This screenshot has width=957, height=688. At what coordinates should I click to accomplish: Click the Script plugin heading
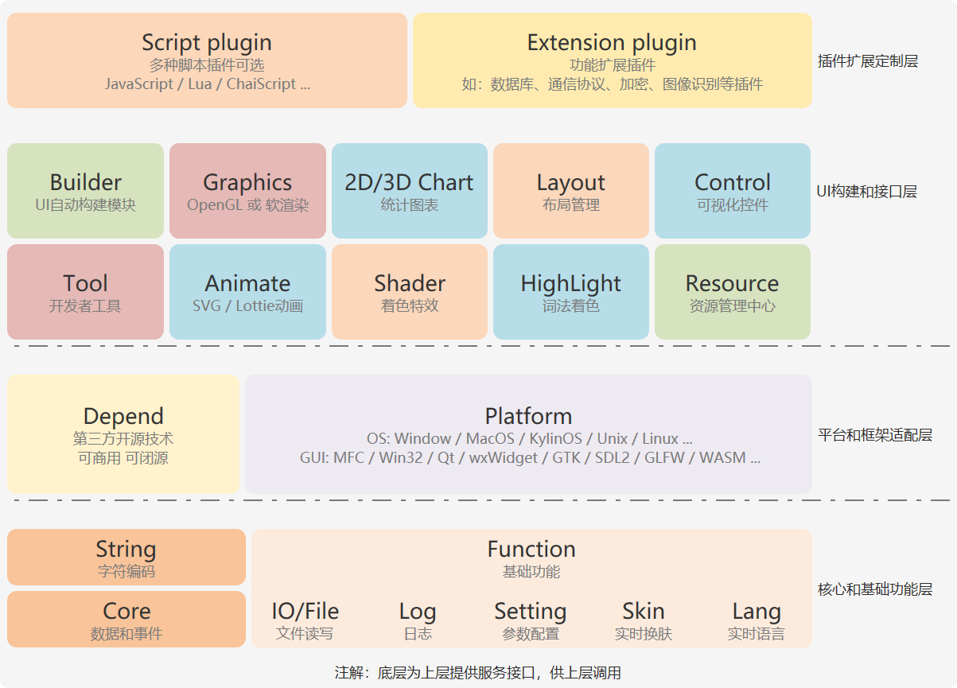click(x=207, y=43)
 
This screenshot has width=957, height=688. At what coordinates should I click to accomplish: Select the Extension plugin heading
click(x=612, y=43)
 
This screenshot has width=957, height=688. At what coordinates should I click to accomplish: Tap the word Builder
click(x=85, y=182)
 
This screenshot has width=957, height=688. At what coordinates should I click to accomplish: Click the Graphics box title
click(x=247, y=183)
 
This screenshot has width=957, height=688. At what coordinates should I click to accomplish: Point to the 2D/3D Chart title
click(x=409, y=182)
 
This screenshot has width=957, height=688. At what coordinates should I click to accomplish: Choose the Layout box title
click(x=571, y=183)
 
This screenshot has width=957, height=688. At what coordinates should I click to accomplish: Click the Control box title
click(x=733, y=182)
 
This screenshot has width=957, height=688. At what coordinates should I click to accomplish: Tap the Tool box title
click(x=85, y=283)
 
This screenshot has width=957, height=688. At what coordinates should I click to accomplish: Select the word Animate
click(x=247, y=283)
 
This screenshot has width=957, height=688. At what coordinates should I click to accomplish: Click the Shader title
click(x=409, y=283)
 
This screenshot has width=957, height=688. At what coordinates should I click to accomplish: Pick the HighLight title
click(x=571, y=284)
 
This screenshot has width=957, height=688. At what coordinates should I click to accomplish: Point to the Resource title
click(x=733, y=283)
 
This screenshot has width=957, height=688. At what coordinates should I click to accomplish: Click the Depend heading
click(x=123, y=417)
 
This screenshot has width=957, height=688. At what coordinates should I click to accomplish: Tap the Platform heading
click(x=528, y=416)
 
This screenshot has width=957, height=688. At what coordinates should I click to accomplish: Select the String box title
click(x=126, y=550)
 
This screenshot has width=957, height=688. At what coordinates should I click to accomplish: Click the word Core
click(x=126, y=611)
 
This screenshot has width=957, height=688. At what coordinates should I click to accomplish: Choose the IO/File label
click(x=305, y=611)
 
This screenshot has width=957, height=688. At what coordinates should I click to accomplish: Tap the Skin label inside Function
click(x=644, y=611)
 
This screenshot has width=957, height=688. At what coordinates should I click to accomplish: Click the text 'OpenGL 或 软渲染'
click(x=247, y=205)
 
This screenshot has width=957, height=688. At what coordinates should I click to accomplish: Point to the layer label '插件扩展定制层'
click(x=868, y=61)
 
